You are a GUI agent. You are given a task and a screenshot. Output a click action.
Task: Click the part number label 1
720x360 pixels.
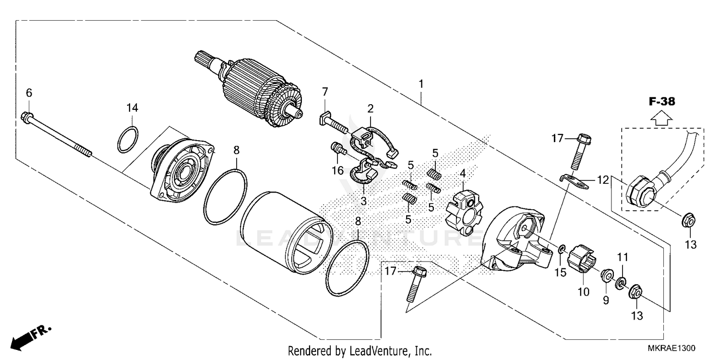coord(421,84)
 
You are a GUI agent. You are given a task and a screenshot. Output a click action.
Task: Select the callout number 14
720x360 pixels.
coord(132,108)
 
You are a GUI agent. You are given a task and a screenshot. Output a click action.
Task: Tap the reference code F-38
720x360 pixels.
coord(662,101)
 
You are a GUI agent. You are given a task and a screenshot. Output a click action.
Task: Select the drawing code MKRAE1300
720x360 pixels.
coord(672,347)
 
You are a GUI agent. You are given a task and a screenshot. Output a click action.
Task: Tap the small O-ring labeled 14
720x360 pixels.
coord(128,140)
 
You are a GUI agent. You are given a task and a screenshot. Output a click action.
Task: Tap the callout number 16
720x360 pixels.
coord(338,170)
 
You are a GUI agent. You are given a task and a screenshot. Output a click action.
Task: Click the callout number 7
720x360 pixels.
coord(325,91)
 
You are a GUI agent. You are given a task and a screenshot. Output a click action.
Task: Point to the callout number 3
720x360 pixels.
coord(364,202)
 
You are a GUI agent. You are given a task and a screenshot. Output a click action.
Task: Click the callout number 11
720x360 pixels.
coord(623,257)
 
